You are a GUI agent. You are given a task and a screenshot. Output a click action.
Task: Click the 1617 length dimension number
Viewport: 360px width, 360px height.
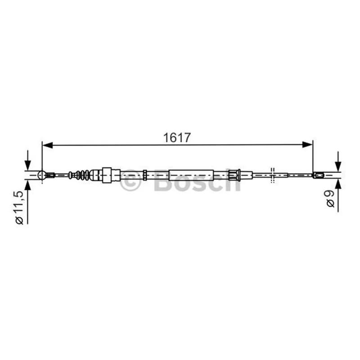point(177,138)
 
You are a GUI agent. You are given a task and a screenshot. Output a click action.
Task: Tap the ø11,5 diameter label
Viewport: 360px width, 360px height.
point(19,207)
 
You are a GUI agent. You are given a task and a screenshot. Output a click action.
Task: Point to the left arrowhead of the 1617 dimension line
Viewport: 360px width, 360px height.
point(48,145)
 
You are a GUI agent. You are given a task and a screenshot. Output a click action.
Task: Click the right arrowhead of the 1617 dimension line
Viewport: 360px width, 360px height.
point(308,145)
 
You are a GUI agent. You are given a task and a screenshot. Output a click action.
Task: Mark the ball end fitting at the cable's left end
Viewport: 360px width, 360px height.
point(41,175)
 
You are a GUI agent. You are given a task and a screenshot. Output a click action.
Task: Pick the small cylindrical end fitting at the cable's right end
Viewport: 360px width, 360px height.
point(319,175)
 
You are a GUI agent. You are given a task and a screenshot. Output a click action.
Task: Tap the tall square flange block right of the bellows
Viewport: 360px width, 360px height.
point(107,175)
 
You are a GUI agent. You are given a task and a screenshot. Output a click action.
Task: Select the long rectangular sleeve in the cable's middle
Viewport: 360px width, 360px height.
point(191,175)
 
